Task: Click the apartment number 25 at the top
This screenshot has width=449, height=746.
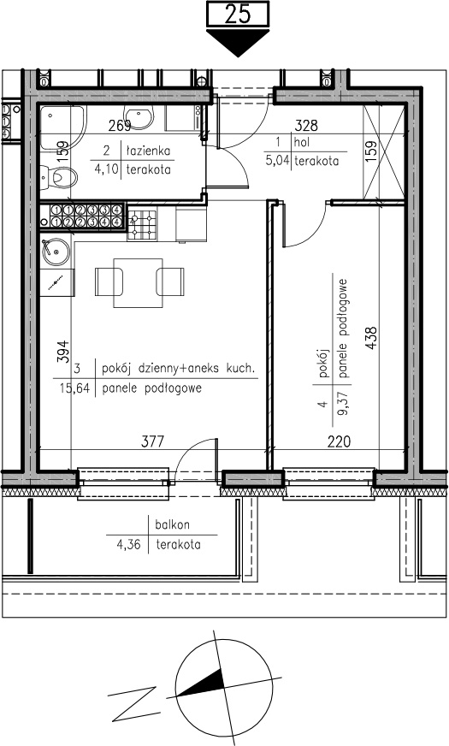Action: pos(238,14)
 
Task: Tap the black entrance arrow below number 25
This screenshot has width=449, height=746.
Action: pos(238,42)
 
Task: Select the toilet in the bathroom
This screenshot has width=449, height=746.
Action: pos(58,178)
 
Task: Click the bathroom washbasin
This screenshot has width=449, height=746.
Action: pos(139,117)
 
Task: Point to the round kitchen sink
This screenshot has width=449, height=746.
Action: pos(56,252)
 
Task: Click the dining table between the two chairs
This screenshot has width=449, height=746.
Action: pos(138,283)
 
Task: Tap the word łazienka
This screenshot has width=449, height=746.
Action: pos(148,151)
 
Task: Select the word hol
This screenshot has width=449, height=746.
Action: pos(302,141)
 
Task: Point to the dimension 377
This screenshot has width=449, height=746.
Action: pos(153,441)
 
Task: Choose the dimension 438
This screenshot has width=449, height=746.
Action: pos(371,338)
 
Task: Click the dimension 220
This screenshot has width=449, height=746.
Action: pos(340,442)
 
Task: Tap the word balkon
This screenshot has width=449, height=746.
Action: pos(172,525)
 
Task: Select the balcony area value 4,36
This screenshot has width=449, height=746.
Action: pos(129,544)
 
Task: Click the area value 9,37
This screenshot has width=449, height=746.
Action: pos(342,403)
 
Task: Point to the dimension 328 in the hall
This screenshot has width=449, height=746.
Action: pos(306,126)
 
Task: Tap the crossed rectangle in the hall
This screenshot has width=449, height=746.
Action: pos(383,152)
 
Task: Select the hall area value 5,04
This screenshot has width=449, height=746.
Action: pos(277,160)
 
